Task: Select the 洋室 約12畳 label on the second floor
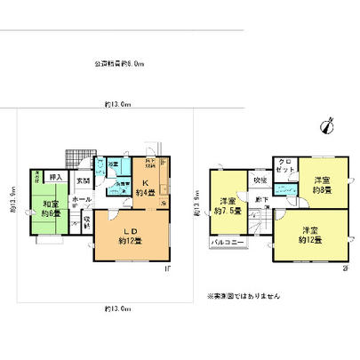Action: (309, 235)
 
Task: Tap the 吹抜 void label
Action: (260, 180)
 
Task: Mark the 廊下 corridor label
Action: (260, 200)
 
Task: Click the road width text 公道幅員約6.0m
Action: (120, 64)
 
